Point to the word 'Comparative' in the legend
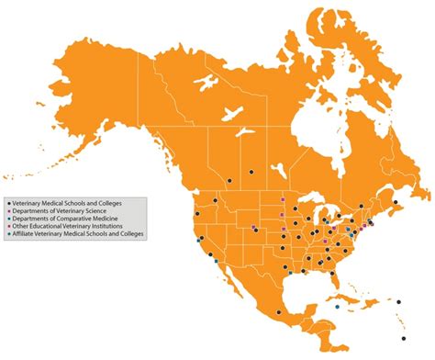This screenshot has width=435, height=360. click(x=69, y=218)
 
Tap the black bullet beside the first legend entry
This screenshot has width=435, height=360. click(x=8, y=201)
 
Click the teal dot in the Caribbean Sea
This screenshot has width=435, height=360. click(x=337, y=306)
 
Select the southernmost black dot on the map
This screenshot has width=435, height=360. click(x=403, y=338)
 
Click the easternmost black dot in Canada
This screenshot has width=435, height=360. click(x=396, y=202)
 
